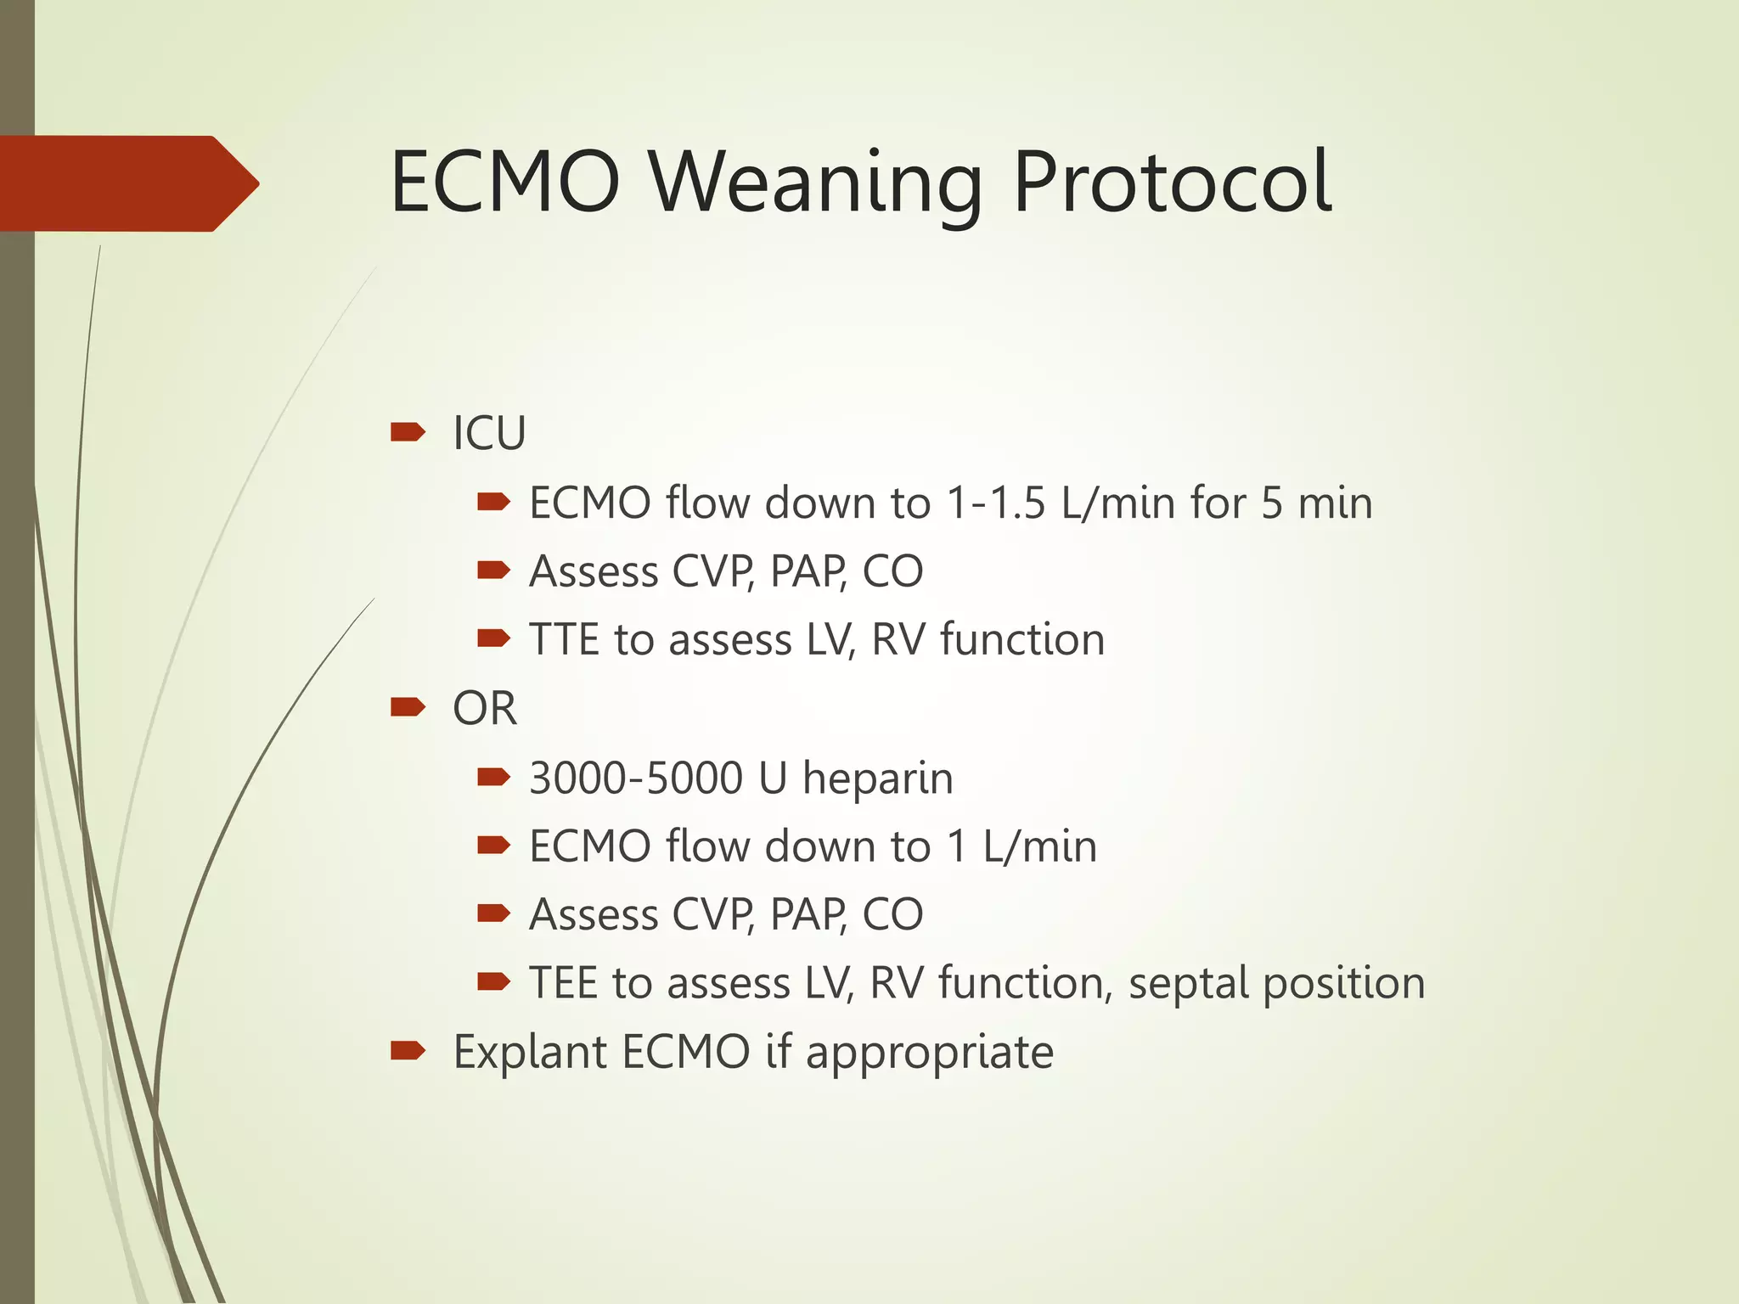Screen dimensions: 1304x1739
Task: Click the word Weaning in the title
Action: tap(815, 183)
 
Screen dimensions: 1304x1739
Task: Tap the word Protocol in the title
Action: tap(1172, 183)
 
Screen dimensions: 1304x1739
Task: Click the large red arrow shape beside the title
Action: tap(127, 183)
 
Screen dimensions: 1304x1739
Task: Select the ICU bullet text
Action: tap(489, 434)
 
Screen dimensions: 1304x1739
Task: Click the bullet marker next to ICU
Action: tap(408, 433)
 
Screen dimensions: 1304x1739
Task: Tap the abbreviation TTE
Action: tap(563, 639)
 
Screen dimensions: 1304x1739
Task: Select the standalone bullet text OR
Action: tap(484, 708)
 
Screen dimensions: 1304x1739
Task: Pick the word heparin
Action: tap(878, 779)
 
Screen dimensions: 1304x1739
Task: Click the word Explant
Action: tap(530, 1053)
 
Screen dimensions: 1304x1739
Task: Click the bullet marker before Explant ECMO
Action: tap(408, 1052)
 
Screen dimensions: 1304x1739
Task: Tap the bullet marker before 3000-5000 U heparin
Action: tap(493, 777)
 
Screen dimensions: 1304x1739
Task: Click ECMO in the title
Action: tap(504, 183)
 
